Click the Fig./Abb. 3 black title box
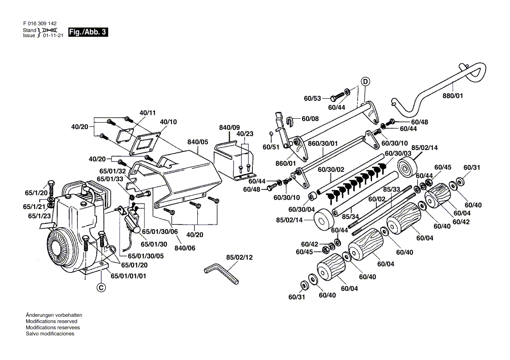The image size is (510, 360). pos(88,32)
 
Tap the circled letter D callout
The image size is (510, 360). pos(365,81)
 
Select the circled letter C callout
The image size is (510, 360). pos(101,288)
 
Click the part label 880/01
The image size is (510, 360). pos(452,96)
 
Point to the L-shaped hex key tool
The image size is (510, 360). pos(221,274)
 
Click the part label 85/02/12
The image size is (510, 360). pos(239,257)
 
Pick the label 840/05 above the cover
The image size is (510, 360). pos(197,142)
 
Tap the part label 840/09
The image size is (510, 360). pos(229,128)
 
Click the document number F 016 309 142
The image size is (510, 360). pos(40,24)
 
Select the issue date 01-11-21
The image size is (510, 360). pos(53,35)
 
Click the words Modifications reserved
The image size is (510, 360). pos(52,321)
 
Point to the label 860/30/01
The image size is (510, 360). pos(323,143)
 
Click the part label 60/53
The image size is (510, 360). pos(312,98)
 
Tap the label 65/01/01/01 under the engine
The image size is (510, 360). pos(128,276)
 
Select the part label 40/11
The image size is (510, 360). pos(148,113)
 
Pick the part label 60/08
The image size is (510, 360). pos(310,119)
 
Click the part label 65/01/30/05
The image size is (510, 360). pos(146,256)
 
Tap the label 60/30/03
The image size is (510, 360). pos(398,153)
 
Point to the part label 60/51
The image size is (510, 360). pos(271,147)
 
